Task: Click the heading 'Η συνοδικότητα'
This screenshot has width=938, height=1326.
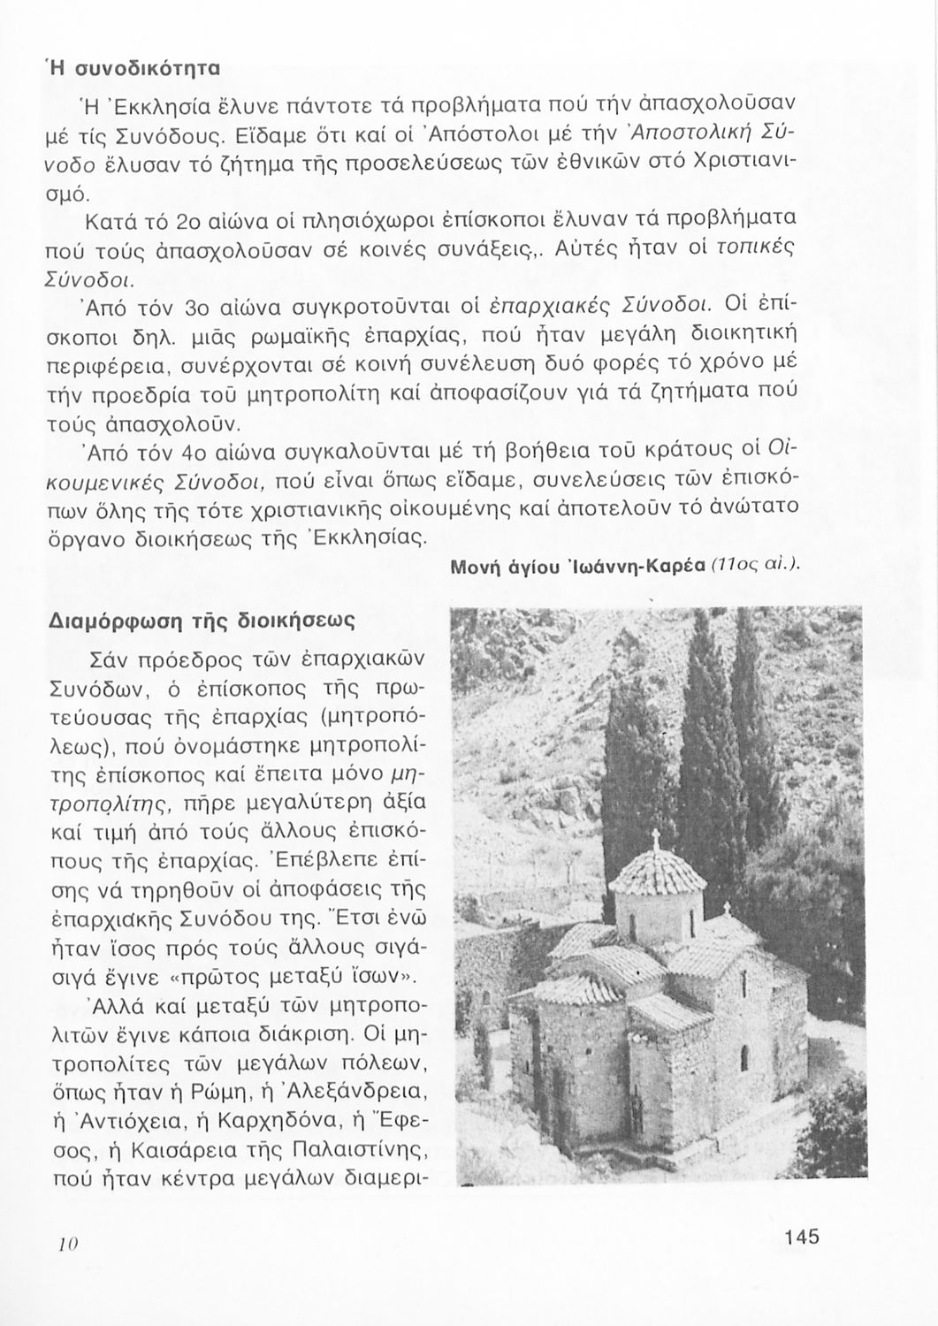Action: (133, 67)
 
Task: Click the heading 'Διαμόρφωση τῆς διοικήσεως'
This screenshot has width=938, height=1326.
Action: (201, 621)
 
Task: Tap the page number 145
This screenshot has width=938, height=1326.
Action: (801, 1236)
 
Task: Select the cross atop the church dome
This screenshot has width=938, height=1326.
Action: (655, 838)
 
